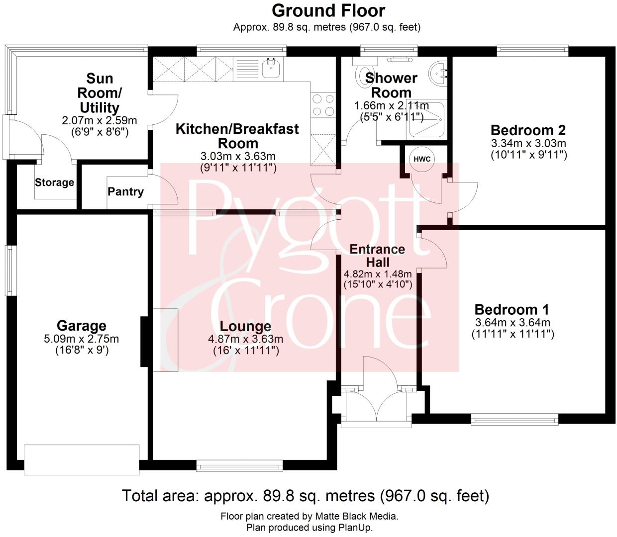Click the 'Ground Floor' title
(328, 10)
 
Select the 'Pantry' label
(125, 192)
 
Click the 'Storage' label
(54, 182)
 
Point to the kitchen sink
(271, 69)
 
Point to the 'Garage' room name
(81, 326)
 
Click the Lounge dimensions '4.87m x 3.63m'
(245, 339)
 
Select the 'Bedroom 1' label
(512, 310)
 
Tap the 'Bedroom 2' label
(528, 130)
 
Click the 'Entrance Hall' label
(377, 256)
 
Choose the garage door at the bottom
(81, 459)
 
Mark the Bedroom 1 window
(514, 420)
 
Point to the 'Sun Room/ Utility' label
(100, 93)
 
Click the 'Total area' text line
(306, 496)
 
